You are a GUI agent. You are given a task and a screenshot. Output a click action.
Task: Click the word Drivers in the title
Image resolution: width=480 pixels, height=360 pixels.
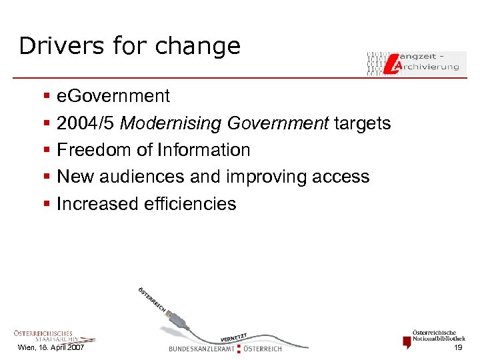tap(52, 45)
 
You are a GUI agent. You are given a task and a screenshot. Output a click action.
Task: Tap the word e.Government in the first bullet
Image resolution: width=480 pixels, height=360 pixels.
tap(113, 97)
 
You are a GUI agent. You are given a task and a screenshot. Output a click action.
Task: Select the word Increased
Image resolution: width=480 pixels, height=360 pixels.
tap(97, 203)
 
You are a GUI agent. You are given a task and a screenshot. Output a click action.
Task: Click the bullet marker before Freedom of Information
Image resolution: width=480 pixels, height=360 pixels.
tap(46, 151)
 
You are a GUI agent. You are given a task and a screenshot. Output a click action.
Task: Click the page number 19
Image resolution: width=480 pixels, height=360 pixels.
tap(458, 349)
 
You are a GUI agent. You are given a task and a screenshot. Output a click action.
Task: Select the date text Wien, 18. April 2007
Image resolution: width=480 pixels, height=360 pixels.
tap(51, 349)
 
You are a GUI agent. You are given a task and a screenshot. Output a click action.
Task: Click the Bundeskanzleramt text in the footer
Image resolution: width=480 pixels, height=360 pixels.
tap(202, 349)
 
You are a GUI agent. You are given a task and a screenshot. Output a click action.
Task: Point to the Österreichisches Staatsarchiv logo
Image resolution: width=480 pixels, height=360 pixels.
tap(43, 336)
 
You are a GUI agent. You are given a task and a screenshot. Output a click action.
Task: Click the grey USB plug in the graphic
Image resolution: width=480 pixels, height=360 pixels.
tap(182, 325)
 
